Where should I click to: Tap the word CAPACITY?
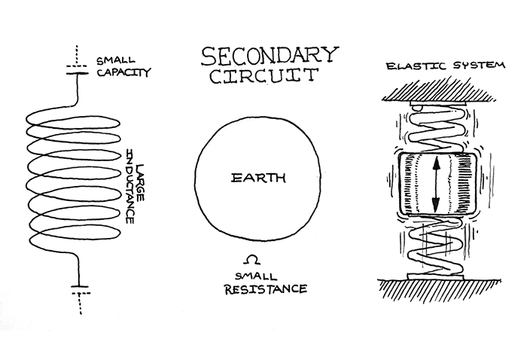[x=123, y=74]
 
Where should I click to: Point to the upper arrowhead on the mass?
[x=434, y=161]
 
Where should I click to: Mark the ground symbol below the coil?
[x=78, y=288]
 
